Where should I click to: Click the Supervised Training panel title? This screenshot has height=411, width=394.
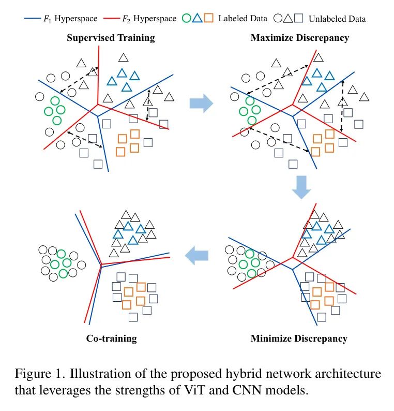[111, 38]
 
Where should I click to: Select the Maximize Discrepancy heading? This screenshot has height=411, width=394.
[299, 38]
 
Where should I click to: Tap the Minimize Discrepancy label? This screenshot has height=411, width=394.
[299, 339]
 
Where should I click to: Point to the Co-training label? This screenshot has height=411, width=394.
[111, 339]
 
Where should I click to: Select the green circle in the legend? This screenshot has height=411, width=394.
[187, 19]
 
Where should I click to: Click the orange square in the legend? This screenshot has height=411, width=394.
[209, 19]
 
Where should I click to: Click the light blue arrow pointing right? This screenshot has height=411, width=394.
[201, 102]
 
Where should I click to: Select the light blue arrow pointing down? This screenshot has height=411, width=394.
[301, 187]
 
